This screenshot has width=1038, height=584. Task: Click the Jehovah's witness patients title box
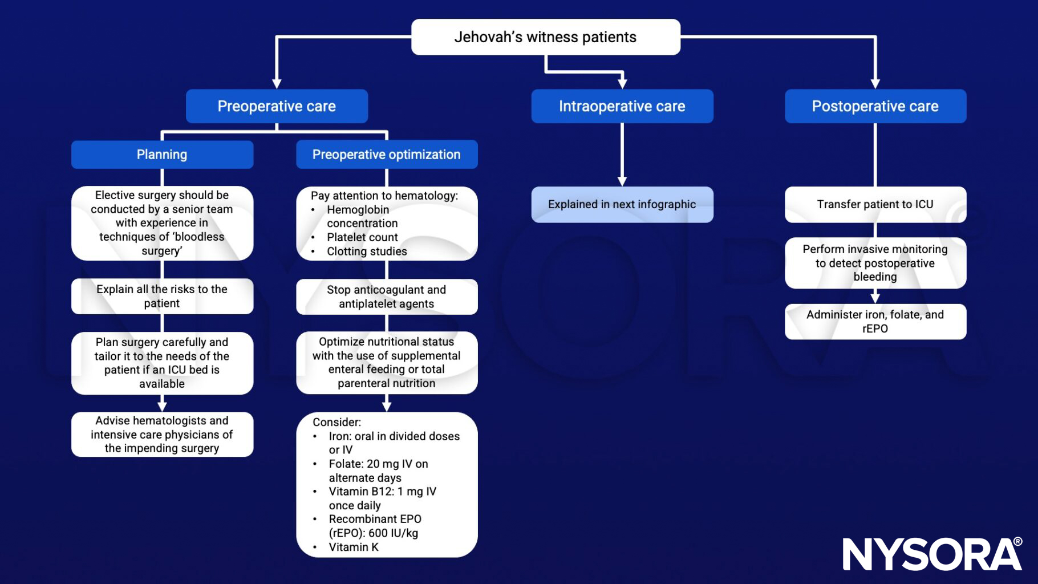(x=545, y=37)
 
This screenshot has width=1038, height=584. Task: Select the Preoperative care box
(x=277, y=106)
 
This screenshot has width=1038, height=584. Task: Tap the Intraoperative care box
(x=622, y=106)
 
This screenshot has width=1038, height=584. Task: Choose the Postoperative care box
(x=875, y=106)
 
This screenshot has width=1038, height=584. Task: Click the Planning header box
(x=162, y=155)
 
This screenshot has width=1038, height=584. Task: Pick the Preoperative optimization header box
(x=386, y=155)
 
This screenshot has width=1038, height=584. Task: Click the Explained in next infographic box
(x=622, y=204)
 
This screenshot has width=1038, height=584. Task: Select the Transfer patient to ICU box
(x=875, y=204)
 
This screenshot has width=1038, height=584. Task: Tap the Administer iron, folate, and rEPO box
(x=875, y=322)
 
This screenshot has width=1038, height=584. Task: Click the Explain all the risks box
(x=162, y=296)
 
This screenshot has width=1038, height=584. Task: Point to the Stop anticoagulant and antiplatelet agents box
(x=386, y=297)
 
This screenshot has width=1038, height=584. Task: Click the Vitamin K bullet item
(x=353, y=547)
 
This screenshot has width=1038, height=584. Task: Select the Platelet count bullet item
(x=362, y=237)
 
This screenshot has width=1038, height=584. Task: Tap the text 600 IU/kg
(x=394, y=533)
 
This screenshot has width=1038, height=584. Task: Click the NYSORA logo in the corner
(x=932, y=554)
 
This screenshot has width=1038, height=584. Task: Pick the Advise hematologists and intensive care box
(x=162, y=434)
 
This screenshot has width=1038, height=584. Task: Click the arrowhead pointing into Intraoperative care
(x=622, y=83)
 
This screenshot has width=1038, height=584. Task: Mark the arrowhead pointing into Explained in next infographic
(x=622, y=181)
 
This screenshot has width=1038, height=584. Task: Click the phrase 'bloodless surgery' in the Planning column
(x=171, y=244)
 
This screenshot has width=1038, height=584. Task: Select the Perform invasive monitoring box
(x=875, y=263)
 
